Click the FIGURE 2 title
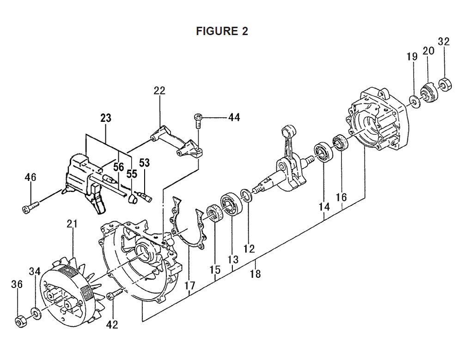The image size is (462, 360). point(222,31)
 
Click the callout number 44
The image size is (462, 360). point(234,117)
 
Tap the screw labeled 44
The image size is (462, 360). point(198,120)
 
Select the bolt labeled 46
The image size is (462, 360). point(30,206)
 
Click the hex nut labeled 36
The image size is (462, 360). point(20,321)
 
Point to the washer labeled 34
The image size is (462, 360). point(36,313)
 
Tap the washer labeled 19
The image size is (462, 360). point(414,102)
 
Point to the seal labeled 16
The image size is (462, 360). point(341,143)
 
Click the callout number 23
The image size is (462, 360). point(106,118)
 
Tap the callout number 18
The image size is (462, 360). point(255,273)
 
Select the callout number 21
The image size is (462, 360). point(72,224)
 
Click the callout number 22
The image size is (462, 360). point(159,90)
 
